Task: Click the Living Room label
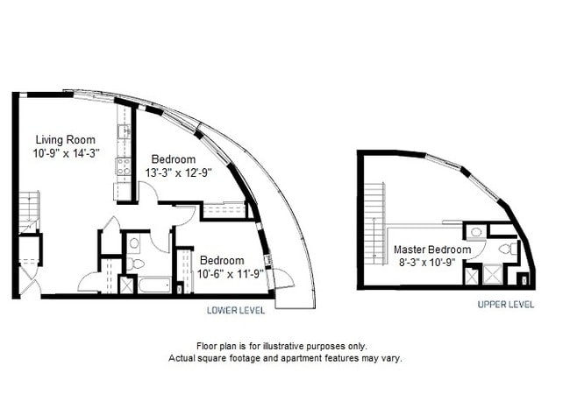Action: [x=65, y=139]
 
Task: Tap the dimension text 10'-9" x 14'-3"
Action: [x=67, y=152]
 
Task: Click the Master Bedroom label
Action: [x=431, y=250]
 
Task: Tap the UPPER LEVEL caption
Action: [x=505, y=305]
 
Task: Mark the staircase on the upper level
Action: [x=376, y=214]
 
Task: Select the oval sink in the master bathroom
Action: [x=474, y=233]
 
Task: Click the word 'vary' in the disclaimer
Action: [x=390, y=359]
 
